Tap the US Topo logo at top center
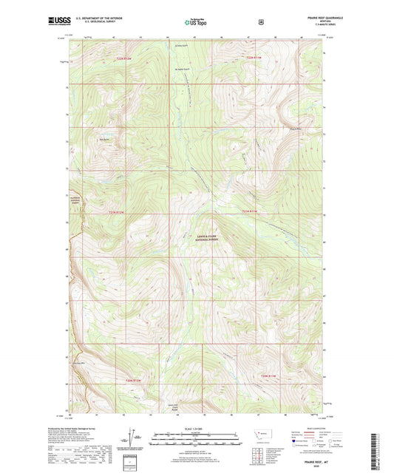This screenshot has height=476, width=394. click(x=197, y=22)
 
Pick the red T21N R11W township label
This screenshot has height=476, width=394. click(x=250, y=212)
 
